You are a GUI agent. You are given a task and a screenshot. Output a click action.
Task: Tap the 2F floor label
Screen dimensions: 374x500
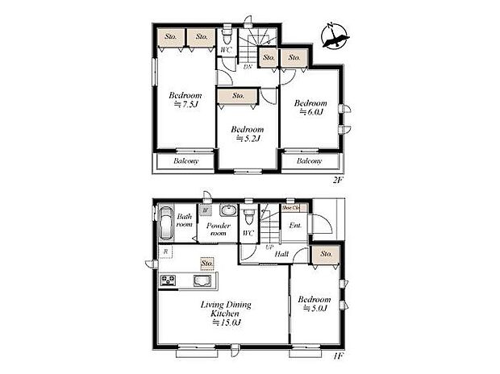338,180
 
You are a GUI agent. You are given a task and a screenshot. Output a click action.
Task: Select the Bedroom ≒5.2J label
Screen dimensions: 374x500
247,133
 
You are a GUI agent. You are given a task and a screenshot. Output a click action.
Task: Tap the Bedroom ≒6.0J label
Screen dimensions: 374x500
310,108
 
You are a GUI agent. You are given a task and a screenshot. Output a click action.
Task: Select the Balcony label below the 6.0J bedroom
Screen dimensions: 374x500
309,160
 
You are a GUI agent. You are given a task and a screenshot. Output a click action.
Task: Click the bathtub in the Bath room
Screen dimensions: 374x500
164,224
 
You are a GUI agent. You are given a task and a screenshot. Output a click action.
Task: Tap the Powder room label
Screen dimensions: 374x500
219,231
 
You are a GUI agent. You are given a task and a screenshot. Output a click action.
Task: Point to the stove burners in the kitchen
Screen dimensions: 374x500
169,280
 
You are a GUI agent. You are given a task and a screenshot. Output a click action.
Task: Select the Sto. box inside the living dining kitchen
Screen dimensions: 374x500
207,264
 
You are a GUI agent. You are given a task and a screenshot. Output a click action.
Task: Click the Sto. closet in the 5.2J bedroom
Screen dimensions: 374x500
238,96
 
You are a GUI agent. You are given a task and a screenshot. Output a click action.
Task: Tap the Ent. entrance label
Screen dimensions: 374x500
295,225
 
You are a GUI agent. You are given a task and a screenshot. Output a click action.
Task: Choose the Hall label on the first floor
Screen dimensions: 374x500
281,254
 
